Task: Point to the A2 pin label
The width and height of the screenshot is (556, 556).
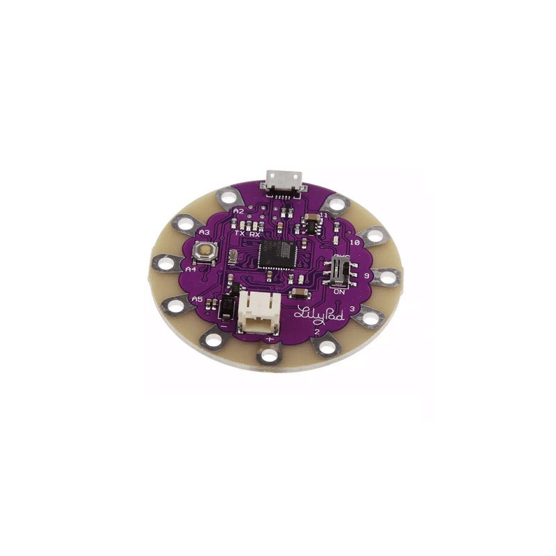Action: point(238,210)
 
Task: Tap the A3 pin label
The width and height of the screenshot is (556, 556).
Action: point(204,231)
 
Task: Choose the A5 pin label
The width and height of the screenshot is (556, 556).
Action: point(197,298)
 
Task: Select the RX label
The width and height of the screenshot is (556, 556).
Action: point(255,234)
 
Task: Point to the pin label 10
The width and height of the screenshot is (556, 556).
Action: point(354,243)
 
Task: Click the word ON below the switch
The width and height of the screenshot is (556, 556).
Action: point(340,293)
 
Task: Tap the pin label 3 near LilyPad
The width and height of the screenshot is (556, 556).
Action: point(353,309)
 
